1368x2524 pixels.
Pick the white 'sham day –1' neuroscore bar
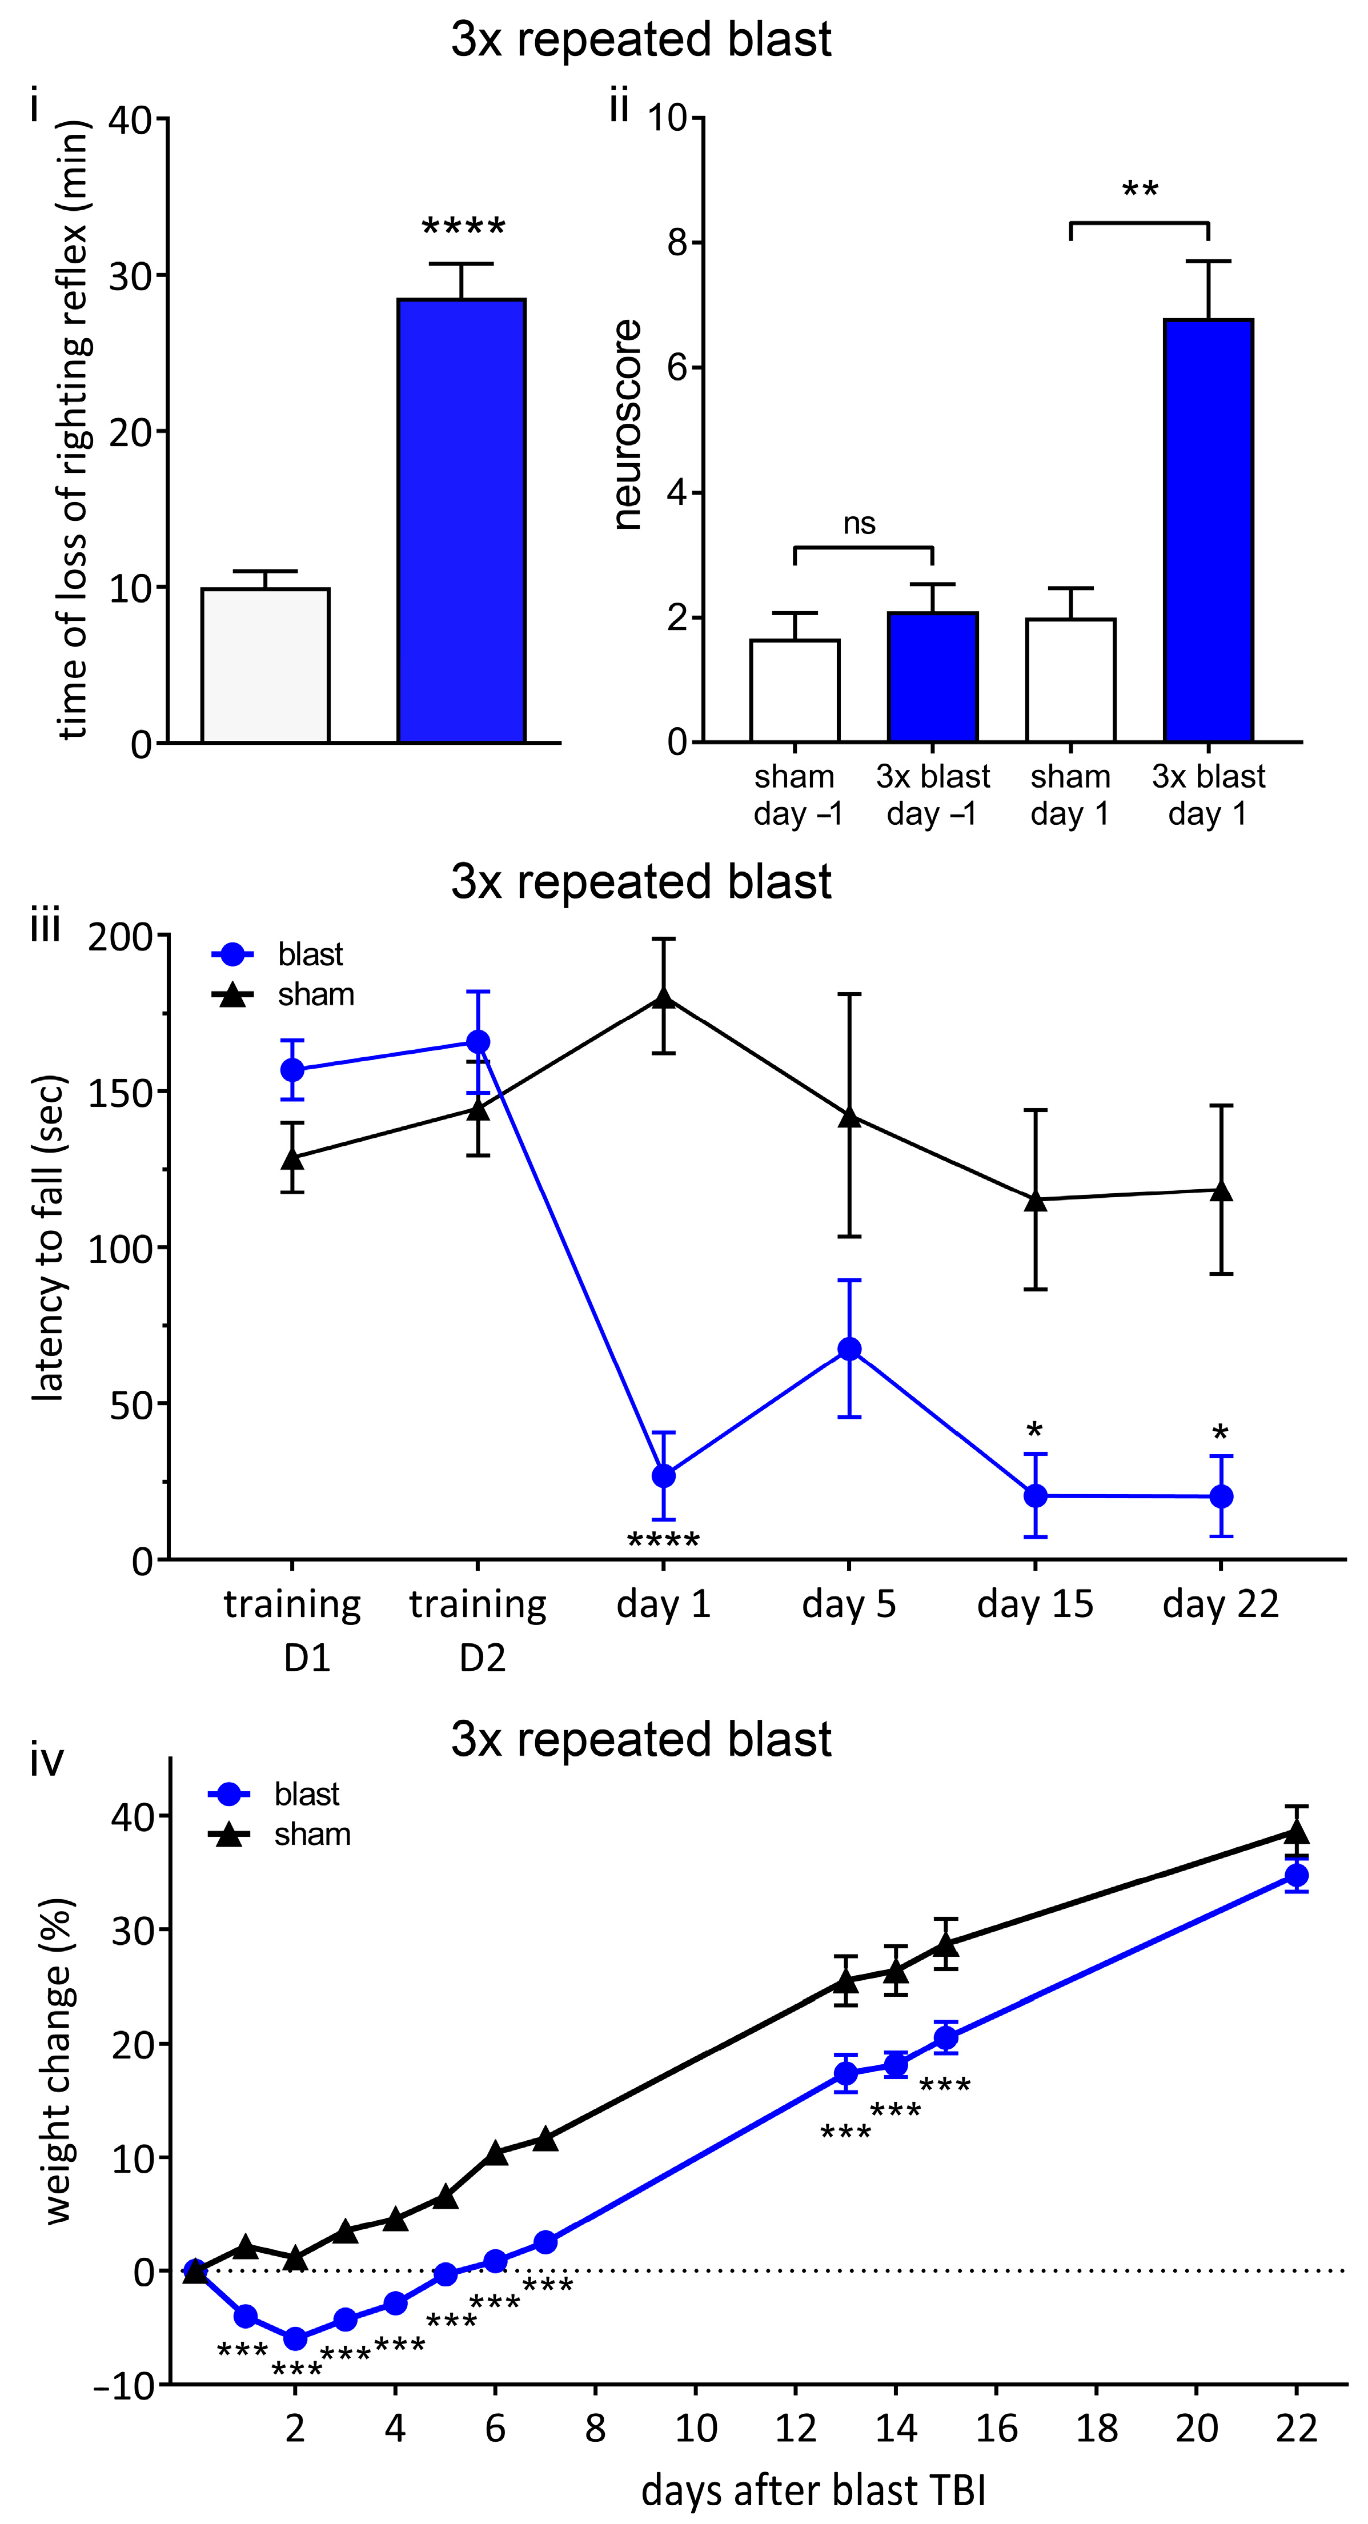pos(795,691)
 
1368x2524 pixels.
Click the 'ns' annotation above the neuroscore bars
pos(860,524)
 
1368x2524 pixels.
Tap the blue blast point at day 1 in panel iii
pos(663,1475)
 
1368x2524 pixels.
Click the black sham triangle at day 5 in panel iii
pos(849,1116)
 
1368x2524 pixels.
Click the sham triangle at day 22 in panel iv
pos(1297,1831)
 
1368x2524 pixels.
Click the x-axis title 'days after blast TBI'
pos(813,2490)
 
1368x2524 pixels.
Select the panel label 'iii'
pos(45,925)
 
